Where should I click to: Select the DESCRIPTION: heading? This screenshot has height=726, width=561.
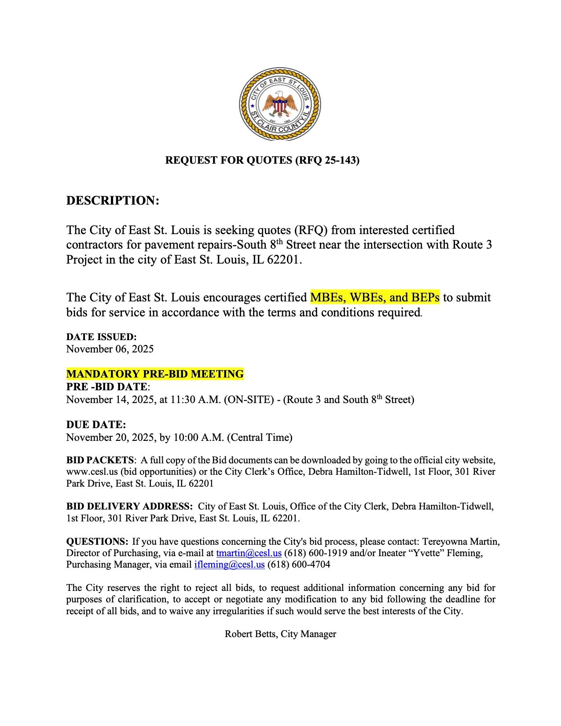pyautogui.click(x=112, y=201)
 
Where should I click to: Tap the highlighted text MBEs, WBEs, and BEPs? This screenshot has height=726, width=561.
pyautogui.click(x=374, y=298)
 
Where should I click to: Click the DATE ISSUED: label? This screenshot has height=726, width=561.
pyautogui.click(x=101, y=337)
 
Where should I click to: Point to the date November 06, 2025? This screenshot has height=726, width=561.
pyautogui.click(x=110, y=349)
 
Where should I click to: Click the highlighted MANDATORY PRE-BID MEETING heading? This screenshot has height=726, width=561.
pyautogui.click(x=155, y=374)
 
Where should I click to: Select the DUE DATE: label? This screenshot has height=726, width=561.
pyautogui.click(x=96, y=425)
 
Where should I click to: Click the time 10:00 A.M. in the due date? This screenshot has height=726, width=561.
pyautogui.click(x=199, y=438)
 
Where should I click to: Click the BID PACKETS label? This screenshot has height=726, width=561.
pyautogui.click(x=100, y=460)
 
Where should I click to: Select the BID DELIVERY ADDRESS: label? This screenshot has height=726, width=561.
pyautogui.click(x=129, y=506)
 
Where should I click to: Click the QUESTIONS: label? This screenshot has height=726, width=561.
pyautogui.click(x=97, y=542)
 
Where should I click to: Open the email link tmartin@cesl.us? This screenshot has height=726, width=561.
pyautogui.click(x=249, y=553)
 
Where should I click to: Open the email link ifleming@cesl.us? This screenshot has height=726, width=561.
pyautogui.click(x=229, y=565)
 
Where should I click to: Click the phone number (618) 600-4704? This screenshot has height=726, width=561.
pyautogui.click(x=298, y=565)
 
